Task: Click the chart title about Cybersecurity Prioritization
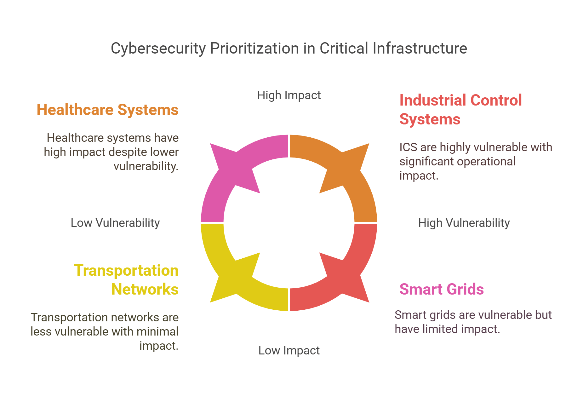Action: (289, 49)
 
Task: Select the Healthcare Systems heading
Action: (107, 110)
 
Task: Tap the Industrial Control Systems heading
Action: (460, 110)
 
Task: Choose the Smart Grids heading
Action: (441, 289)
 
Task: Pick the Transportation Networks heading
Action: (126, 280)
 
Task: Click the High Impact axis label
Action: (289, 95)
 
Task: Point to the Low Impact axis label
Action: (289, 350)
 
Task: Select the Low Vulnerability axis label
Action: (115, 223)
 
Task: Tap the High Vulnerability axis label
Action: (464, 223)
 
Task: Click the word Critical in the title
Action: (344, 49)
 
